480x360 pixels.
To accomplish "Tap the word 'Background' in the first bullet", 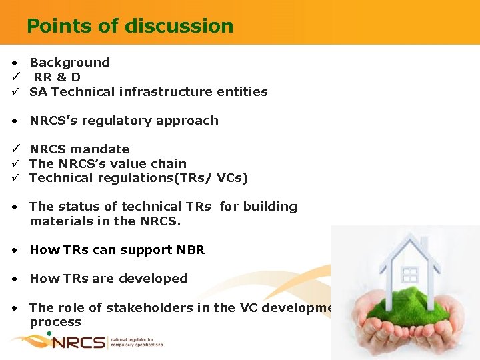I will click(x=69, y=63).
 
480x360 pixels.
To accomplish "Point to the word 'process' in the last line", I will click(x=55, y=322).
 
